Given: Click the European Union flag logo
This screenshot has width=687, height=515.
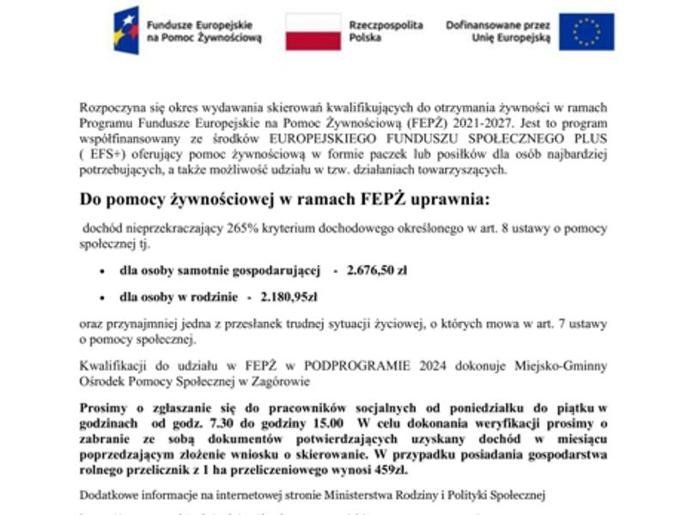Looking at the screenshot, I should pos(587,32).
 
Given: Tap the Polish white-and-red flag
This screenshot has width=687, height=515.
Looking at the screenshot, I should pos(313,32).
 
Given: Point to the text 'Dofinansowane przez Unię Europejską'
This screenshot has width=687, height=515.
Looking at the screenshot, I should pos(498,33).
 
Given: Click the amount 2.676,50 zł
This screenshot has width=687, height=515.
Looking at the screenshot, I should pos(376,270).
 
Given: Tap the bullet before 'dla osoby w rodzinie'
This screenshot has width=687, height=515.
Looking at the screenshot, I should pos(103,298).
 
